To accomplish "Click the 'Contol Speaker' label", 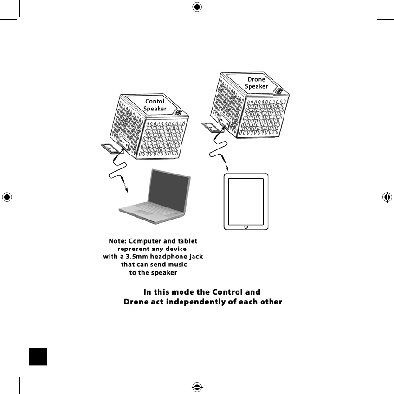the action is (x=155, y=105).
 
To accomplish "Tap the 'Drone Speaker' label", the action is (x=256, y=83).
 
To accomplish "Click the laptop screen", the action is (x=170, y=188).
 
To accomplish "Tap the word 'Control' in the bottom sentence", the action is (x=227, y=292).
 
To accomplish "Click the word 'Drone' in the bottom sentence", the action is (x=136, y=302).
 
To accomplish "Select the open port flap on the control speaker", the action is (x=110, y=149).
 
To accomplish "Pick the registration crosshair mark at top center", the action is (x=197, y=6).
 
